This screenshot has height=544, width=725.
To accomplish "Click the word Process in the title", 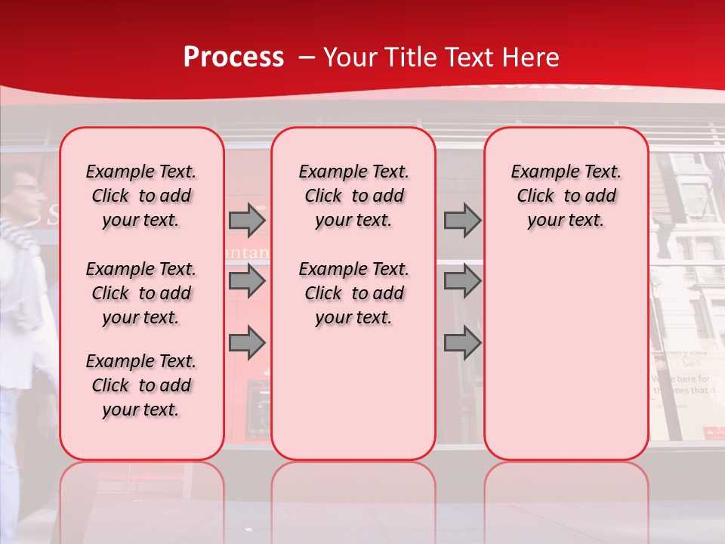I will tap(233, 57).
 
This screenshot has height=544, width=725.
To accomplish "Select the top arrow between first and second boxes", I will tap(247, 220).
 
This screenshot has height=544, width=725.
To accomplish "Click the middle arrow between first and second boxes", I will tap(247, 281).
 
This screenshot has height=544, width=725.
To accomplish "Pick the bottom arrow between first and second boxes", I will tap(247, 342).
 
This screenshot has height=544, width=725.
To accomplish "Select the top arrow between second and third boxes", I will tap(462, 220).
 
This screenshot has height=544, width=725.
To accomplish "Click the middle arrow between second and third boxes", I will tap(462, 281).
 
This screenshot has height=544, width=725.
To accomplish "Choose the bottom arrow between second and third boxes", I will tap(462, 342).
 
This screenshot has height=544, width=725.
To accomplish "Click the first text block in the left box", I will tap(141, 196).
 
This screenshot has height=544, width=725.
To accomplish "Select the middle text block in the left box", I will tap(141, 293).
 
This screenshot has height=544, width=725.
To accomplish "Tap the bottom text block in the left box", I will tap(141, 385).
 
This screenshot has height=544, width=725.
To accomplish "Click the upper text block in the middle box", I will tap(353, 196).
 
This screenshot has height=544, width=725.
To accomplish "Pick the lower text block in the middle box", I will tap(353, 293).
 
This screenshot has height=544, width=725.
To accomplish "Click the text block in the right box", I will tap(566, 196).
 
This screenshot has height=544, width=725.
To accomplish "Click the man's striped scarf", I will tap(19, 234).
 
